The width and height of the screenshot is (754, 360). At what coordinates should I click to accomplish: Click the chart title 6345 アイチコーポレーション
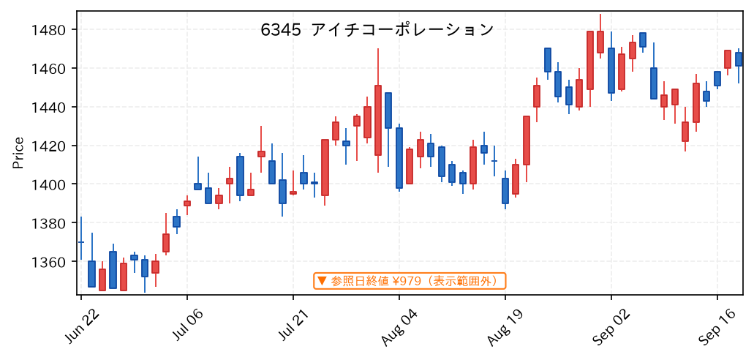(x=377, y=30)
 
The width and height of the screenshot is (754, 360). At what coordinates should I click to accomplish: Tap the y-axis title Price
(x=18, y=153)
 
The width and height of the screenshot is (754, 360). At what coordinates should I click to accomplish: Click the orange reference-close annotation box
(x=410, y=281)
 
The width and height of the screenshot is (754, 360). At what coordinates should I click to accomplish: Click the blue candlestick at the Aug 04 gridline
(x=399, y=158)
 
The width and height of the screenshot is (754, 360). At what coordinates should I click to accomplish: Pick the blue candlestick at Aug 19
(x=505, y=190)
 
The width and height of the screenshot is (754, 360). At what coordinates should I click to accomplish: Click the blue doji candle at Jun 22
(x=80, y=241)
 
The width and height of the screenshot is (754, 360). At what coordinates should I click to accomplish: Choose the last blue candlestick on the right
(x=739, y=59)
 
